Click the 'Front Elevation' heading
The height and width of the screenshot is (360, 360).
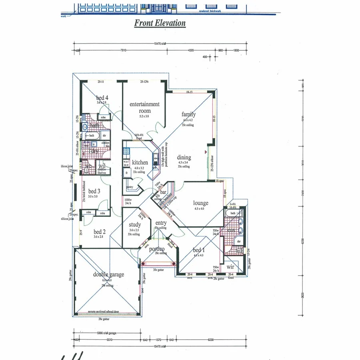(160, 23)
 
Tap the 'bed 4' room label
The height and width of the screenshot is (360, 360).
(102, 98)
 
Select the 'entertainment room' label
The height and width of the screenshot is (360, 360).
(144, 107)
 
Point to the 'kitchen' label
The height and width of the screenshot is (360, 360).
(140, 162)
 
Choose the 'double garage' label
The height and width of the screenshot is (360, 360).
(108, 274)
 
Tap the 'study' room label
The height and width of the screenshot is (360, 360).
(134, 225)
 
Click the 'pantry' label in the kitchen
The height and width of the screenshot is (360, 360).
(130, 187)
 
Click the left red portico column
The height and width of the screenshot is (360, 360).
(143, 264)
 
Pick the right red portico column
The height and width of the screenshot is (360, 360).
(173, 264)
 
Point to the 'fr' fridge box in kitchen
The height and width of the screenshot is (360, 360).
(127, 173)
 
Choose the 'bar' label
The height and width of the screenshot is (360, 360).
(163, 192)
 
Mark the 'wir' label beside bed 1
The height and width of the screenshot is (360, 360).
(230, 266)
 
